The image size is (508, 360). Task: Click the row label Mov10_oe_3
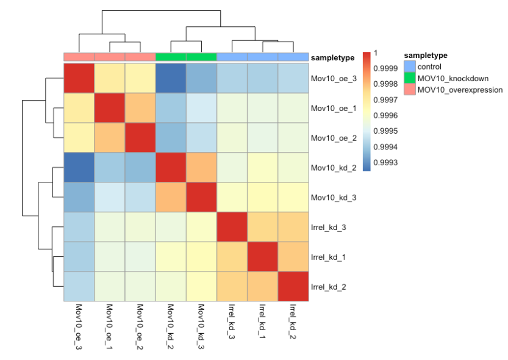(x=329, y=78)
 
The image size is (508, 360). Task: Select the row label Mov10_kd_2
(x=329, y=167)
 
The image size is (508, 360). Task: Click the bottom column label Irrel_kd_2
(x=293, y=322)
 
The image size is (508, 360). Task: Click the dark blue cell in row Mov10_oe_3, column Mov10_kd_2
(x=171, y=78)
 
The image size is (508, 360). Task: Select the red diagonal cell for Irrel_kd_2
(x=293, y=286)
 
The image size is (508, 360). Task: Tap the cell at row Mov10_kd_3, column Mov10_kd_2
(x=171, y=197)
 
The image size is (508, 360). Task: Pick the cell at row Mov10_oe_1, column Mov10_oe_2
(x=140, y=108)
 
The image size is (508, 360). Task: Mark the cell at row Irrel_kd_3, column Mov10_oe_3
(x=79, y=227)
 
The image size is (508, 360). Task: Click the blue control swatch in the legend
(x=410, y=67)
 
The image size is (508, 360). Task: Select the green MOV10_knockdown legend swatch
(x=410, y=78)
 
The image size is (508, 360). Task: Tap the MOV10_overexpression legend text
(x=460, y=90)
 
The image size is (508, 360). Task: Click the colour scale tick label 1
(x=376, y=52)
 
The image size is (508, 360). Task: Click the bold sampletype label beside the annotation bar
(x=333, y=57)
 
